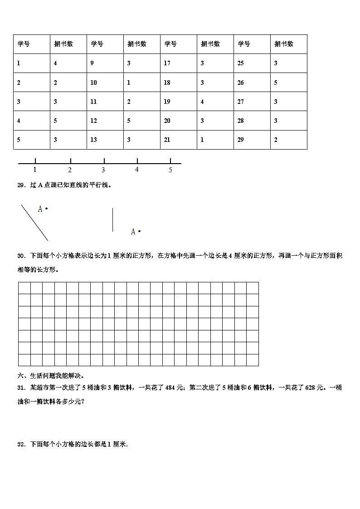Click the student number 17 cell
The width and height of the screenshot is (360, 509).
(167, 63)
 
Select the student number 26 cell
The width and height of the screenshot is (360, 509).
(241, 82)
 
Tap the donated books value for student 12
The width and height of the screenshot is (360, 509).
(129, 121)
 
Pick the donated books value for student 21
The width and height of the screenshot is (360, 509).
(202, 140)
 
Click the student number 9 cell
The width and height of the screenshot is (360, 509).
(92, 63)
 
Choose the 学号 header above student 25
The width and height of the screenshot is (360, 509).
(244, 44)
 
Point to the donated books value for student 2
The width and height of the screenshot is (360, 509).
(55, 82)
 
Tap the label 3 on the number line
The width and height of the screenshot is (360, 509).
(103, 170)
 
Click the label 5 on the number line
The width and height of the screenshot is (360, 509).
(170, 170)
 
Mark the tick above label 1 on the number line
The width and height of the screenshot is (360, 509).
(35, 160)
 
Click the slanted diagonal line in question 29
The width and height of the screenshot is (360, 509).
(34, 223)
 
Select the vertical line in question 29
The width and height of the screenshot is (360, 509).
(112, 220)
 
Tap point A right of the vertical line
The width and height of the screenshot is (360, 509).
(139, 232)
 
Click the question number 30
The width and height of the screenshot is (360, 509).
(21, 256)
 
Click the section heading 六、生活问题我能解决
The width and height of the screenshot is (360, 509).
(51, 376)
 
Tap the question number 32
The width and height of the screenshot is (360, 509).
(21, 445)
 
